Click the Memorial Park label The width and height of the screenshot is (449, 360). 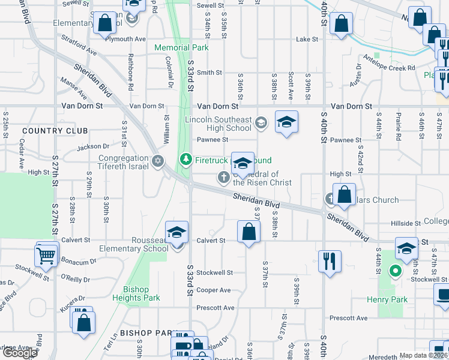coord(181,47)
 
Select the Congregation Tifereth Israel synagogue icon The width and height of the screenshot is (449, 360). coord(158,160)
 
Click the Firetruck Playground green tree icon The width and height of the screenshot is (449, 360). coord(186,159)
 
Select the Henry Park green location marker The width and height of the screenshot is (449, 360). coord(395,271)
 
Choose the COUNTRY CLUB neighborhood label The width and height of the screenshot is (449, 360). coord(55,131)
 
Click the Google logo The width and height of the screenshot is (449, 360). coord(20,353)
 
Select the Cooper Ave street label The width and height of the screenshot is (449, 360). coord(214,290)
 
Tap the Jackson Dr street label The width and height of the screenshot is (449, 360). coord(93,146)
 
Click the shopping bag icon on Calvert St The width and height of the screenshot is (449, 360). coord(249,232)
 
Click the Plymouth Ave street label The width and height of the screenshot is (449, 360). coord(125,39)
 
